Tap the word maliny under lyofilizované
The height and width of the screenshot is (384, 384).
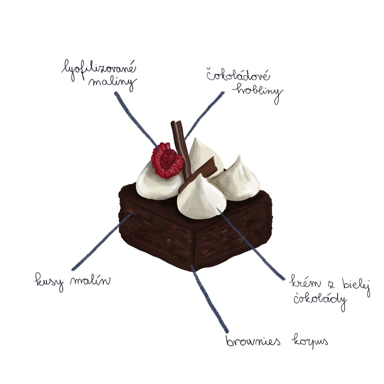(x=112, y=83)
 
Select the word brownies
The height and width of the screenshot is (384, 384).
(x=255, y=342)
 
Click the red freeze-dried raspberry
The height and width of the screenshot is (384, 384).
(x=167, y=160)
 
